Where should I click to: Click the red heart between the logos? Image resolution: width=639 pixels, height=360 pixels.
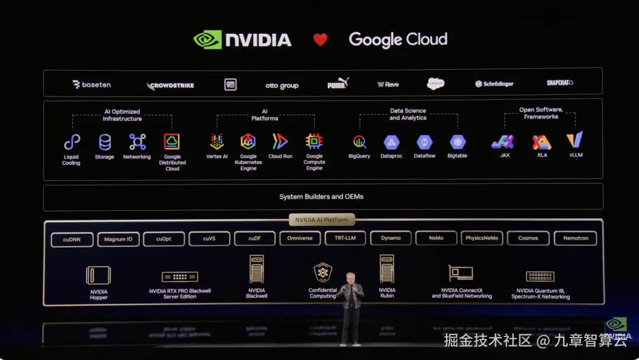(320, 40)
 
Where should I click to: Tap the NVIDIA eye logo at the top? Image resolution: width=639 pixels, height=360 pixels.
(207, 40)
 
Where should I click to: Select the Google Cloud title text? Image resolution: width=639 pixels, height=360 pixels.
(398, 40)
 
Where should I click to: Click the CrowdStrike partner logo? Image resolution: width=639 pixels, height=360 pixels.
(170, 85)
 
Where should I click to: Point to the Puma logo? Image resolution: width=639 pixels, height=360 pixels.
(338, 84)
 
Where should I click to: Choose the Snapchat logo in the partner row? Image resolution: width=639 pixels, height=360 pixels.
(560, 83)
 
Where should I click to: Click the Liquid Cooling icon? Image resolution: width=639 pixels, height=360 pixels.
(72, 142)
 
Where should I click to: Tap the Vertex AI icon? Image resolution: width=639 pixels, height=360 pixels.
(217, 142)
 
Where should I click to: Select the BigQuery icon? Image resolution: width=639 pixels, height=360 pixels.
(359, 142)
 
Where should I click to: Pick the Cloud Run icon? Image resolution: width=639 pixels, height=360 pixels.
(280, 142)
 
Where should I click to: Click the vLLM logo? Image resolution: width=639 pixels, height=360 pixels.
(575, 140)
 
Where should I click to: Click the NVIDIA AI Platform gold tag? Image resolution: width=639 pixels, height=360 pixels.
(321, 220)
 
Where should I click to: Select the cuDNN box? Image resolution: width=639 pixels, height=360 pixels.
(70, 239)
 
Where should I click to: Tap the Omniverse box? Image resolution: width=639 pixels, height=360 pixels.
(299, 239)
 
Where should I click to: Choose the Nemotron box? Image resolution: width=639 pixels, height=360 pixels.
(575, 239)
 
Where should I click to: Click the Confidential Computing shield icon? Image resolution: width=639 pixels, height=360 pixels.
(322, 272)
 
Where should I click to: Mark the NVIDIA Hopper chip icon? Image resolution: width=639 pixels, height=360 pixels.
(98, 275)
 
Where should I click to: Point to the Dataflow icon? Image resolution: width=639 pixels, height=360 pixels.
(424, 142)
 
